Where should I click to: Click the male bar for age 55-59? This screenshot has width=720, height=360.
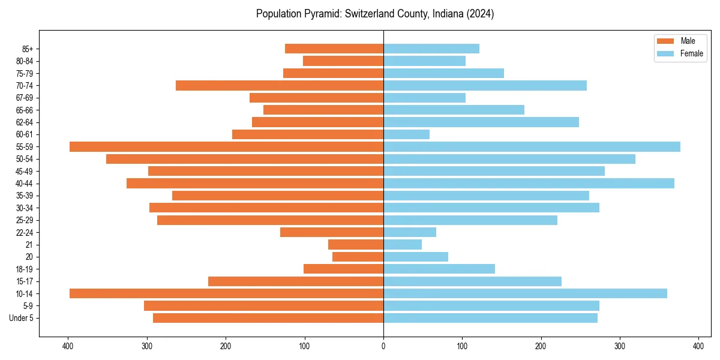(x=226, y=147)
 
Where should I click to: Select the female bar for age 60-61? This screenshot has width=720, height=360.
(x=406, y=134)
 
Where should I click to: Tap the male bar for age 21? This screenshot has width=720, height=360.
(x=356, y=245)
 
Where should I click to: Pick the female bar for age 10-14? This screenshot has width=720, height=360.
(x=525, y=293)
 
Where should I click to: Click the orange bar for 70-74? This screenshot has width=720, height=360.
(x=280, y=86)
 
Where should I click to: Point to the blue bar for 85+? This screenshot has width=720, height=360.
(x=431, y=49)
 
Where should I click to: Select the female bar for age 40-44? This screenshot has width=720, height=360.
(x=529, y=184)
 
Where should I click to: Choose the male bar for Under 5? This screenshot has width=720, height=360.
(x=268, y=318)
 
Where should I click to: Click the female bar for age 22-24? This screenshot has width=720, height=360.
(x=410, y=232)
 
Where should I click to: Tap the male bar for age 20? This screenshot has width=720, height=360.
(x=358, y=257)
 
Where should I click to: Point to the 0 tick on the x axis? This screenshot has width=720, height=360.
(x=383, y=346)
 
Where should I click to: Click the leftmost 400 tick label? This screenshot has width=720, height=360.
(x=68, y=346)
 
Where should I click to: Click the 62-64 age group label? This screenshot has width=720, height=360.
(x=25, y=122)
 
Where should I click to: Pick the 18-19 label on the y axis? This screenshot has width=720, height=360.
(x=25, y=269)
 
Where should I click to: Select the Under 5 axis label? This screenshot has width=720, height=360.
(x=22, y=318)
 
